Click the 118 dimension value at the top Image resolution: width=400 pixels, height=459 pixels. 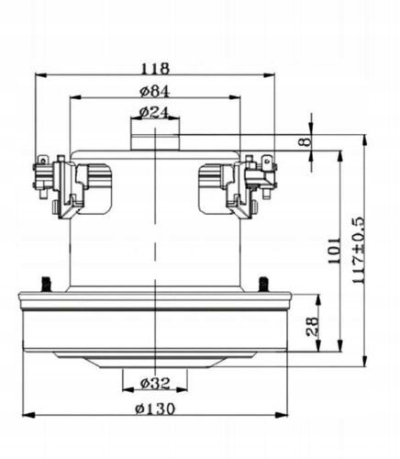click(x=155, y=69)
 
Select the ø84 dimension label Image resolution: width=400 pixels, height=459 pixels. click(x=154, y=91)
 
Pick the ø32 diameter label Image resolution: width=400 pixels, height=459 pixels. click(x=153, y=383)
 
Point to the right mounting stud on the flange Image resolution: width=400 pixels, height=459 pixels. click(x=263, y=281)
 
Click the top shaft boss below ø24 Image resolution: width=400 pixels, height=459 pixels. click(x=153, y=137)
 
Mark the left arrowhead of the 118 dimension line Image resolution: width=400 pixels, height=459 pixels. click(x=38, y=77)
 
